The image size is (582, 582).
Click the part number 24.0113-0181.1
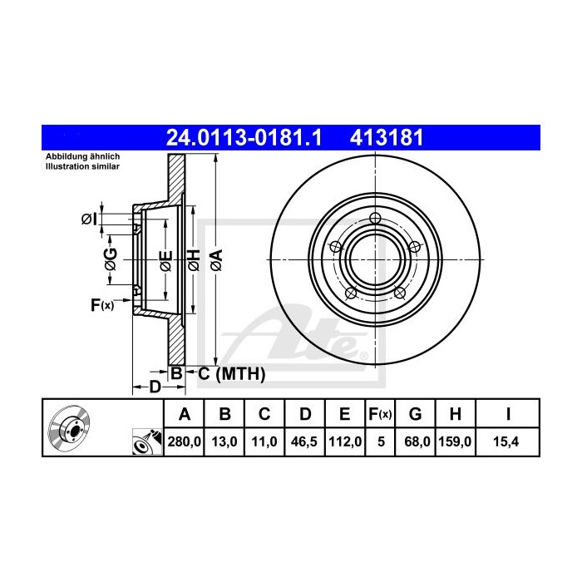click(244, 138)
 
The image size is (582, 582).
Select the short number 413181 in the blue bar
click(387, 138)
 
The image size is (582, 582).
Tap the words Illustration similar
click(82, 166)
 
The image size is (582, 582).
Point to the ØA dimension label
click(216, 259)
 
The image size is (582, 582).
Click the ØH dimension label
click(194, 259)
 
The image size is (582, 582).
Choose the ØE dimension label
click(166, 260)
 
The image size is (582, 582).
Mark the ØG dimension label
click(111, 259)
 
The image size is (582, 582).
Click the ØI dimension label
click(89, 219)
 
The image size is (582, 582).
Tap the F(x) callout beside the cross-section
click(102, 305)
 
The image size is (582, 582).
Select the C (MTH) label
click(232, 374)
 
